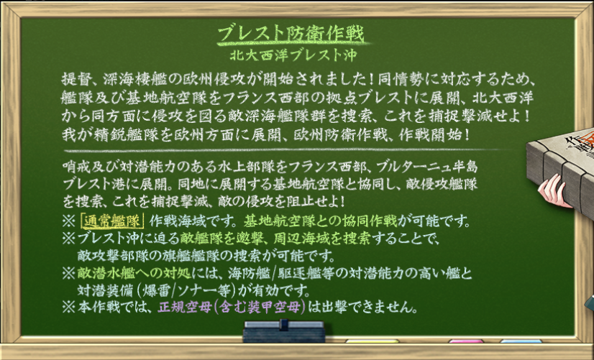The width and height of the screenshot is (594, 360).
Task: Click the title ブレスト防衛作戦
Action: pyautogui.click(x=291, y=34)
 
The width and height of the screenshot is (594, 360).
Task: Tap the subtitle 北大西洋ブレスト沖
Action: pyautogui.click(x=293, y=55)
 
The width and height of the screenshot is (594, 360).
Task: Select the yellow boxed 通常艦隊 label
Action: pyautogui.click(x=112, y=221)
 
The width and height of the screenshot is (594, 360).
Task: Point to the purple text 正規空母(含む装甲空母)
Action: pyautogui.click(x=232, y=307)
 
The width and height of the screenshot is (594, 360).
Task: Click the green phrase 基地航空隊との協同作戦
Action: pyautogui.click(x=321, y=221)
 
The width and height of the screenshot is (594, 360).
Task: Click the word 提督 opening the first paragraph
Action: pyautogui.click(x=76, y=80)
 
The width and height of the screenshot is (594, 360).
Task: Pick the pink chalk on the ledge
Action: pyautogui.click(x=466, y=341)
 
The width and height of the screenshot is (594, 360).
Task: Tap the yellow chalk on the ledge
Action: pyautogui.click(x=372, y=341)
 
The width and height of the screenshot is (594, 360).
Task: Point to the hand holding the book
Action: pyautogui.click(x=555, y=192)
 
